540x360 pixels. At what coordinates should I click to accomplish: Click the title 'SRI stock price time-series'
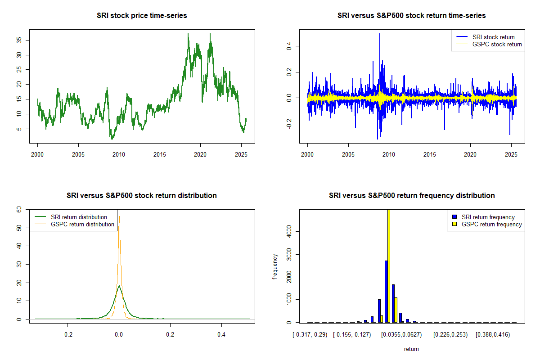(142, 16)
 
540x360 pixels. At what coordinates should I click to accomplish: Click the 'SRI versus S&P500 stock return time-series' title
(412, 16)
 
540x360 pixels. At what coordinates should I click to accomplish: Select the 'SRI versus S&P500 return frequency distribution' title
(412, 196)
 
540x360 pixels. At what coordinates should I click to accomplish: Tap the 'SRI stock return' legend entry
(493, 37)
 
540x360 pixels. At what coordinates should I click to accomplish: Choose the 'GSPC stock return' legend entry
(497, 44)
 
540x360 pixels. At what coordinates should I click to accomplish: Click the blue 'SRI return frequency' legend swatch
(455, 217)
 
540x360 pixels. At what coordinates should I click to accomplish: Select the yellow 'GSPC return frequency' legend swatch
(455, 224)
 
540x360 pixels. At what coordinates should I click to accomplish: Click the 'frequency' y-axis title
(275, 266)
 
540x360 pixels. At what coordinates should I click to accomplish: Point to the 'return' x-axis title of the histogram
(411, 349)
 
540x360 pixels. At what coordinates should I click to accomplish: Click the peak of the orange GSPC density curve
(119, 216)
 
